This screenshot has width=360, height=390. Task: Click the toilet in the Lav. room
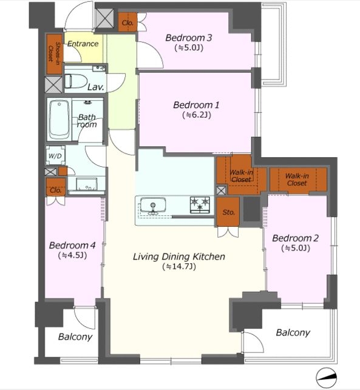[x=76, y=81]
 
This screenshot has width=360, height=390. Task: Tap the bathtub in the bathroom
[x=59, y=119]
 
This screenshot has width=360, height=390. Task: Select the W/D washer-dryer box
[x=55, y=155]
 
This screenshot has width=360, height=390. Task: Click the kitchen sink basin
[x=153, y=204]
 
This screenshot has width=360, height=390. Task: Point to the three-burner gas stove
[x=200, y=204]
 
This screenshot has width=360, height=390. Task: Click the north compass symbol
[x=327, y=377]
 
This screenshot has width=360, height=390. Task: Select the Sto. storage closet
[x=228, y=212]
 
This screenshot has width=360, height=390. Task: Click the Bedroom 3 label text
[x=189, y=38]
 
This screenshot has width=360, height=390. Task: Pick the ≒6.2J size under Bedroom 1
[x=197, y=115]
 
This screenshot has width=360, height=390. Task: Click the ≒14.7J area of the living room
[x=179, y=266]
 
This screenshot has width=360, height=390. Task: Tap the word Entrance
[x=83, y=44]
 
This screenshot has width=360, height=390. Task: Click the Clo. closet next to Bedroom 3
[x=127, y=22]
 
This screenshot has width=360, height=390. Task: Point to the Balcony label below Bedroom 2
[x=293, y=332]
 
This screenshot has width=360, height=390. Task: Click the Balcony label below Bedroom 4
[x=75, y=337]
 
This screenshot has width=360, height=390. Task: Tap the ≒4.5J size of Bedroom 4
[x=72, y=255]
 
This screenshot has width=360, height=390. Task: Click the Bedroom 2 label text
[x=295, y=238]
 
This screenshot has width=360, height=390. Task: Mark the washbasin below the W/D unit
[x=87, y=184]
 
